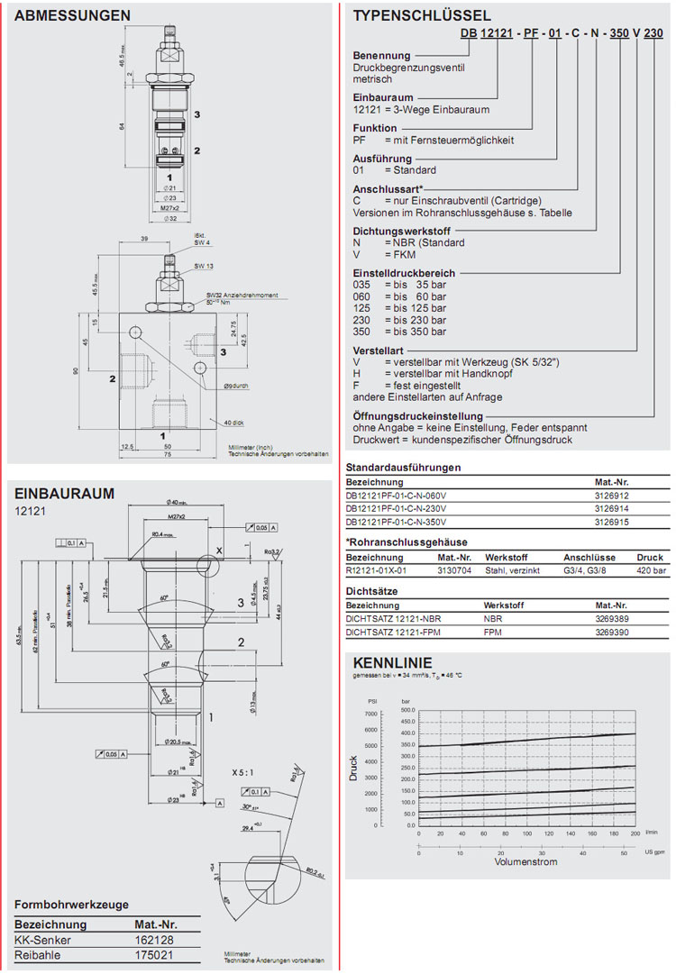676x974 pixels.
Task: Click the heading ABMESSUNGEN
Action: coord(73,15)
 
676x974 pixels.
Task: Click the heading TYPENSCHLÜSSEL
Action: coord(422,15)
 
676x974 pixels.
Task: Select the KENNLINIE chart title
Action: coord(391,663)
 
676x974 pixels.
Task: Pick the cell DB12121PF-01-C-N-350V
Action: coord(396,521)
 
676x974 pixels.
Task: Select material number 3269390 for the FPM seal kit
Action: coord(614,633)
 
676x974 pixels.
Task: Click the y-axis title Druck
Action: coord(355,768)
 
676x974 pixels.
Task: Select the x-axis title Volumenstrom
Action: coord(525,862)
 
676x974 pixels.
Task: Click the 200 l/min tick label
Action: coord(635,833)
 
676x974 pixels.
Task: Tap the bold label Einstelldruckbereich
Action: coord(404,272)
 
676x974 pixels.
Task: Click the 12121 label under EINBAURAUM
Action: coord(29,512)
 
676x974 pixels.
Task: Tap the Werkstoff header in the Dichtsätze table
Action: coord(505,605)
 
